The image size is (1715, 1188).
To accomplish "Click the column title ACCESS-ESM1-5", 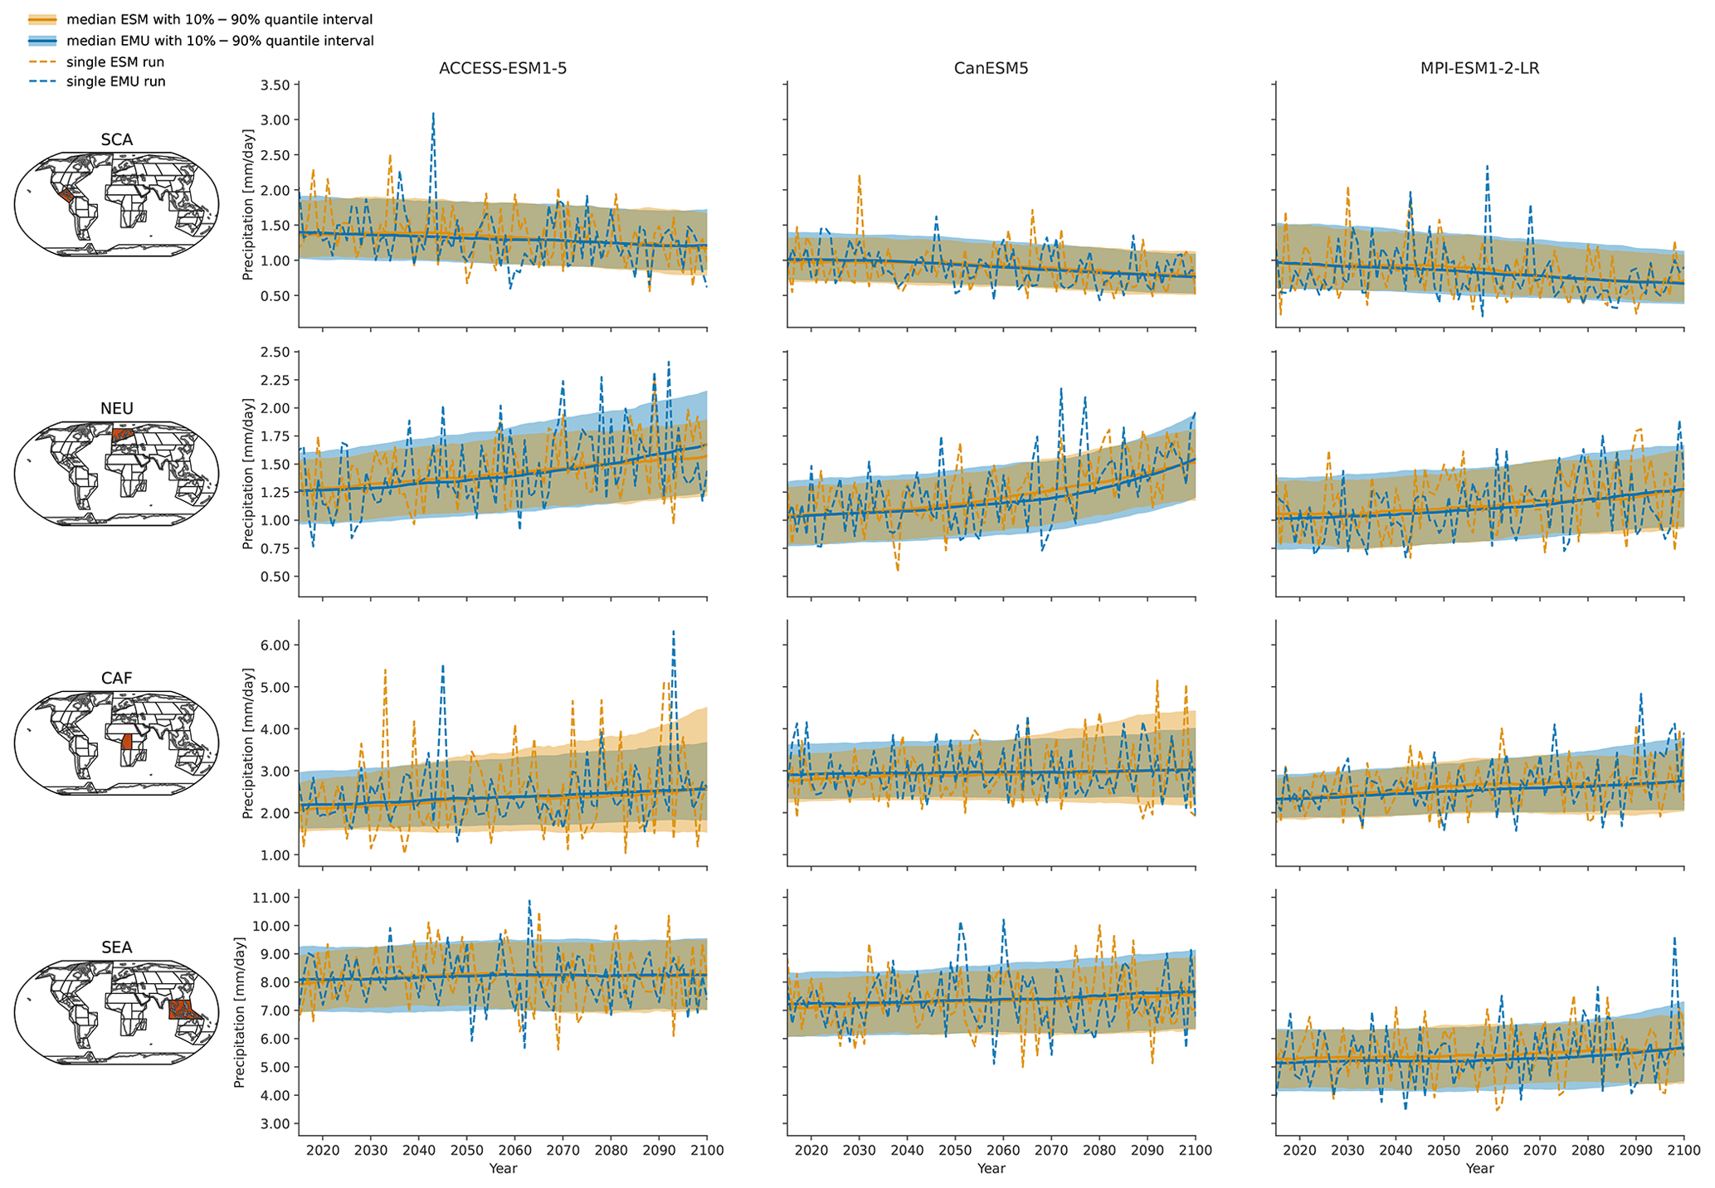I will tap(503, 69).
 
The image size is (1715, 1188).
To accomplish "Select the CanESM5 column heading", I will tap(991, 69).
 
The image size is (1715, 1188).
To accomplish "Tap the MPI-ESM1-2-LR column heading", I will tap(1479, 69).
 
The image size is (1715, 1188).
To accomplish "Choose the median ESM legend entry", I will tap(219, 20).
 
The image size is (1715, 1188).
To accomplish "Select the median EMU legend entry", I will tap(220, 41).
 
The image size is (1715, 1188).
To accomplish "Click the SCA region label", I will tap(116, 140).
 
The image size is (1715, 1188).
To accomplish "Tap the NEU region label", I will tap(116, 408).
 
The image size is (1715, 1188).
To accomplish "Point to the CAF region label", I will tap(116, 678).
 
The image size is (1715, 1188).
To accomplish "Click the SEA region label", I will tap(116, 947).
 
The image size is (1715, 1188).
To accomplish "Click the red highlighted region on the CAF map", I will tap(126, 742).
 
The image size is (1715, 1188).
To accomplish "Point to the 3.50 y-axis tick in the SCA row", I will tap(275, 85).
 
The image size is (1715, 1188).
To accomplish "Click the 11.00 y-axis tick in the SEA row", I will tap(270, 898).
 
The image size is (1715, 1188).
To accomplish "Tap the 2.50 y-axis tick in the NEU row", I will tap(275, 353).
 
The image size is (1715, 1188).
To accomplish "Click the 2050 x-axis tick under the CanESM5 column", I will tap(955, 1150).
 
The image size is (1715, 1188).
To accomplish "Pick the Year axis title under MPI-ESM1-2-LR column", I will tap(1479, 1168).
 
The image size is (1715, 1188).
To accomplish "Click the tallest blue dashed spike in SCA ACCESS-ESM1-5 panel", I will tap(433, 114).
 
